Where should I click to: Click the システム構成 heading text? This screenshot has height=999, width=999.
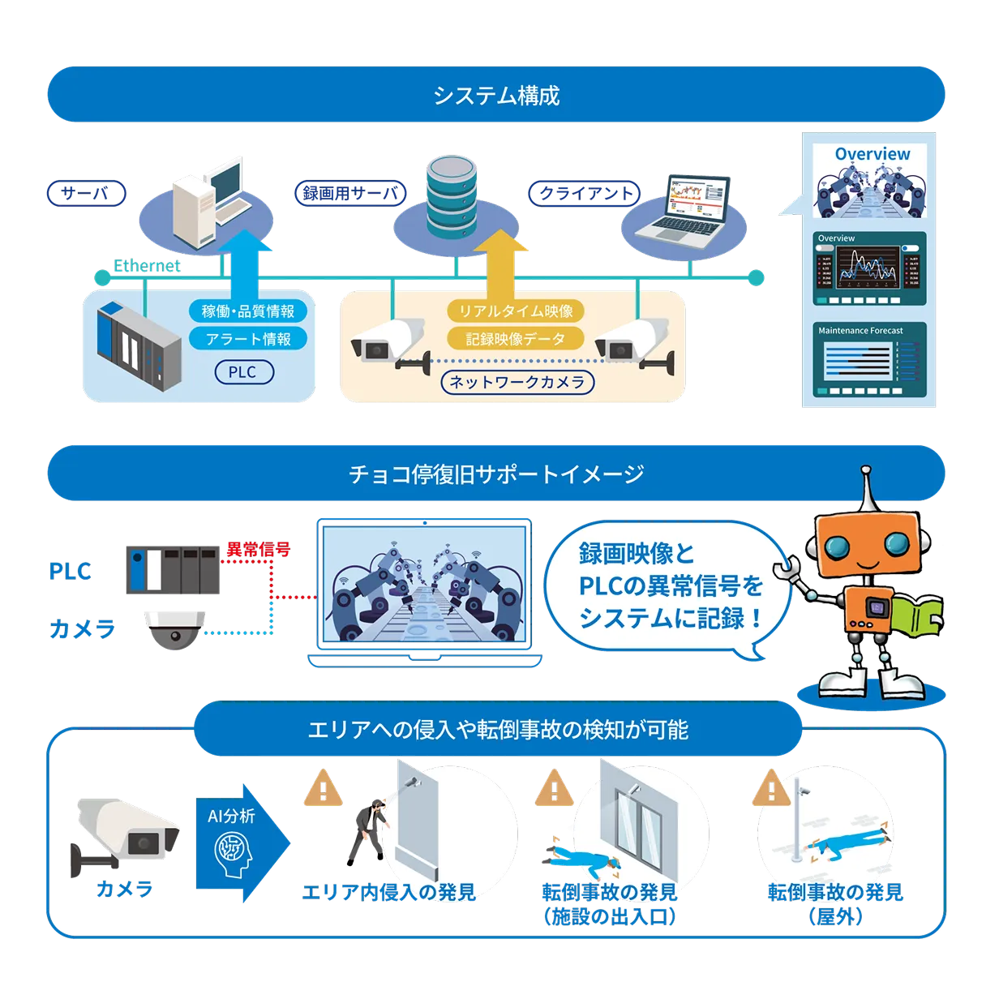(496, 96)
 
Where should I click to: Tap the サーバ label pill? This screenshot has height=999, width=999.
(86, 193)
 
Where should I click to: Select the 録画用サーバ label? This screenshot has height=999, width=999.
(349, 193)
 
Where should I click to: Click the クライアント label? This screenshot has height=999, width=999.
(585, 193)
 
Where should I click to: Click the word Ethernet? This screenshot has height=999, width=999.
(146, 266)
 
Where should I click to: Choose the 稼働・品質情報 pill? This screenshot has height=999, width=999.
(248, 311)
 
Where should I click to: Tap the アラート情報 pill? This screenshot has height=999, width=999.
(248, 339)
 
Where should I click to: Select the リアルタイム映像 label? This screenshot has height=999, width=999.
(516, 311)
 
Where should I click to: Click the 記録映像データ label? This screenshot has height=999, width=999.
(516, 339)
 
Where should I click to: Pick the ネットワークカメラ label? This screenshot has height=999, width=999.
(517, 382)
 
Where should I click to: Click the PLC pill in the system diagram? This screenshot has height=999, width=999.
(242, 372)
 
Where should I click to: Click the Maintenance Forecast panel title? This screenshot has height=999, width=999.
(860, 331)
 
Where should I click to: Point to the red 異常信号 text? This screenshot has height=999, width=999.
(258, 549)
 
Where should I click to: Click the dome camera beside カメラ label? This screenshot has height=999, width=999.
(174, 630)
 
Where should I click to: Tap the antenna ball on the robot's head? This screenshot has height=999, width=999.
(866, 471)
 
